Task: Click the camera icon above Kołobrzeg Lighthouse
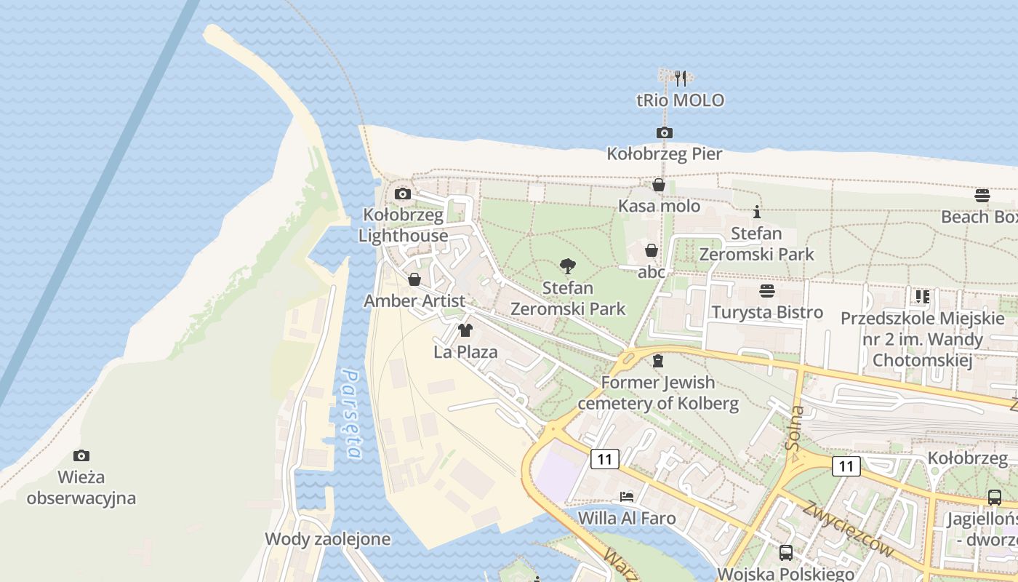tap(402, 194)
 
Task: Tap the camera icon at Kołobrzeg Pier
tap(664, 132)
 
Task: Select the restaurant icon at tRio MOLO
tap(681, 79)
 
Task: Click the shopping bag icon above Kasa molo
tap(659, 185)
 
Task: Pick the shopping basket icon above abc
tap(652, 250)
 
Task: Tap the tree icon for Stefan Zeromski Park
tap(568, 266)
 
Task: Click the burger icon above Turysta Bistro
tap(767, 291)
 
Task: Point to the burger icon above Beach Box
tap(982, 195)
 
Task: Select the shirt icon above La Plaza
tap(465, 330)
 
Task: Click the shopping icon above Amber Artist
tap(414, 279)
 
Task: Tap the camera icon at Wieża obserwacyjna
tap(81, 456)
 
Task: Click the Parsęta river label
tap(352, 415)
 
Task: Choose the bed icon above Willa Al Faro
tap(627, 497)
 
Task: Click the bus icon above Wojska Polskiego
tap(786, 552)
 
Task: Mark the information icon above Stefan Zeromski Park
tap(757, 212)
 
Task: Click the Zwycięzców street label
tap(847, 529)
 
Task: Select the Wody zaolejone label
tap(327, 539)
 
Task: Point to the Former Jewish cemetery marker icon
tap(658, 361)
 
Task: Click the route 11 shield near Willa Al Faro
tap(605, 458)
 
